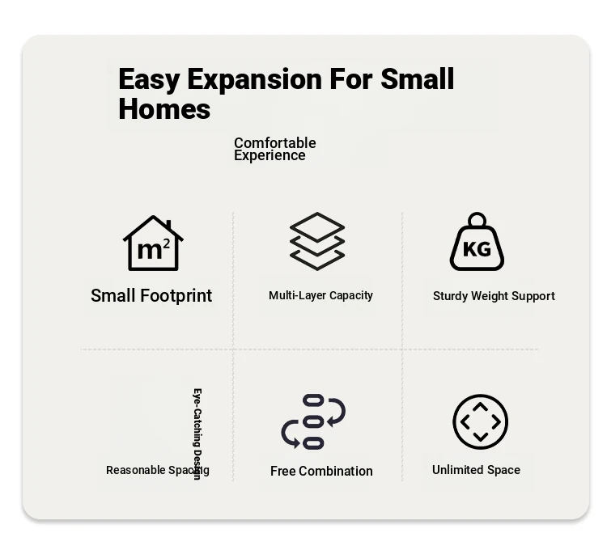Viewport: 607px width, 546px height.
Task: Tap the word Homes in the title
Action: point(164,108)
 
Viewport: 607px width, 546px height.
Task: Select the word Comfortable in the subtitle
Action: point(275,143)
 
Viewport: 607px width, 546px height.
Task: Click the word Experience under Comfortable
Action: point(270,155)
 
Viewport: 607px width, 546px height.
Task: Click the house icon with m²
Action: point(153,243)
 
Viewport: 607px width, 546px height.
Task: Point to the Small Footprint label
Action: point(151,296)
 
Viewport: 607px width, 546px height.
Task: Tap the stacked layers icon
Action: point(317,241)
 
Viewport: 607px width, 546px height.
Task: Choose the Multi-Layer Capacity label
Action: point(321,295)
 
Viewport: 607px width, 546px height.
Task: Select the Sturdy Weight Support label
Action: point(494,296)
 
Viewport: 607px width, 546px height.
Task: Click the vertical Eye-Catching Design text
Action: point(197,434)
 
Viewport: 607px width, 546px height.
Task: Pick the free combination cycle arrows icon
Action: point(313,421)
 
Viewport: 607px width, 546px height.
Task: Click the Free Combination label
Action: point(321,472)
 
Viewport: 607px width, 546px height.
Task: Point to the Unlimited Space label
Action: point(476,470)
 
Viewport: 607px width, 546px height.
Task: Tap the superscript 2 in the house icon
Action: point(167,243)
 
